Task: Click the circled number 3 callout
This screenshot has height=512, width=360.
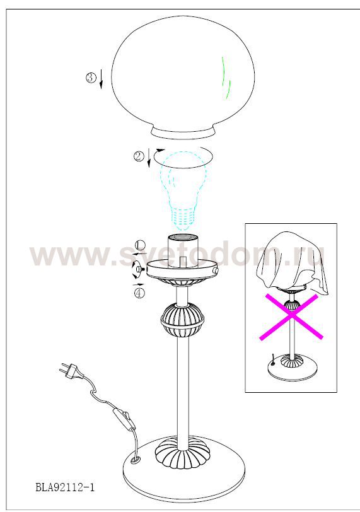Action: [x=91, y=78]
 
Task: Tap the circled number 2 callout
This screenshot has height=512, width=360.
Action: [x=139, y=156]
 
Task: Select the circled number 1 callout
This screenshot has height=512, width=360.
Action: [x=140, y=245]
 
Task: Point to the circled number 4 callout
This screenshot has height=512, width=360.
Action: [x=139, y=293]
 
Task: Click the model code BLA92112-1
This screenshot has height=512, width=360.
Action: [x=65, y=488]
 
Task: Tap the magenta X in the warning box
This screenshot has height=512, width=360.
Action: [x=291, y=317]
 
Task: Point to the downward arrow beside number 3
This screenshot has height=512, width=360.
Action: [x=101, y=79]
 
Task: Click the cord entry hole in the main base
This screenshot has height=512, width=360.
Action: [x=134, y=461]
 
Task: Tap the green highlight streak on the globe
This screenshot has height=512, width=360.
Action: [x=226, y=78]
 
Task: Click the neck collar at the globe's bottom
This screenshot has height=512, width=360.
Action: [x=183, y=134]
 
